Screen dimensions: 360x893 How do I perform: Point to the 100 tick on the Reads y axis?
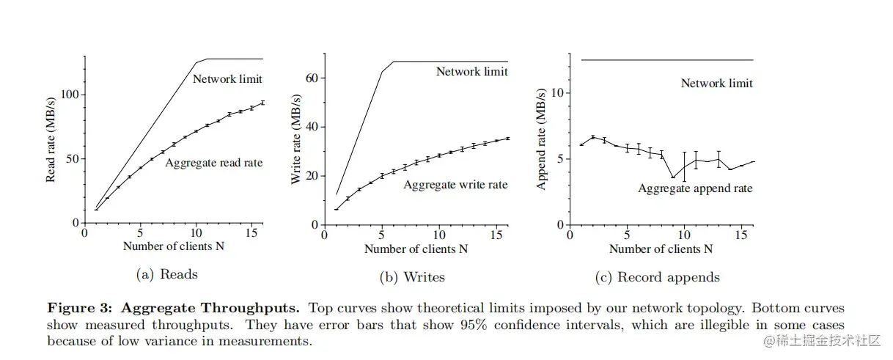pos(71,95)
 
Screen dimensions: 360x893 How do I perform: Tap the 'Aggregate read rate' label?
pos(214,162)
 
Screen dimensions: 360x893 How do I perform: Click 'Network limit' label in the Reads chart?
pos(227,78)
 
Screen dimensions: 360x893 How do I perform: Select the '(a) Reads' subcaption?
pos(167,275)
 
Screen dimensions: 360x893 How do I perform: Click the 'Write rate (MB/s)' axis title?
pos(296,139)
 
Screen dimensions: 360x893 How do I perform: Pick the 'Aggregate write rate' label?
pos(455,185)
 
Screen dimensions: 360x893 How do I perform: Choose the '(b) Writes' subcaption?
pos(412,277)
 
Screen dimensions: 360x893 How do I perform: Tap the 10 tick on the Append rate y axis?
pos(557,93)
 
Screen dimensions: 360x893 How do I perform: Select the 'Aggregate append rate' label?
pos(695,188)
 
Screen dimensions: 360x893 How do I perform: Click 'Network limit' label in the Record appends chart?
pos(716,83)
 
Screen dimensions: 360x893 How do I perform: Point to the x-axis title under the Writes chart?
pos(416,249)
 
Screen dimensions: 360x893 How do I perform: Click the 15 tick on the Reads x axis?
pos(251,232)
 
